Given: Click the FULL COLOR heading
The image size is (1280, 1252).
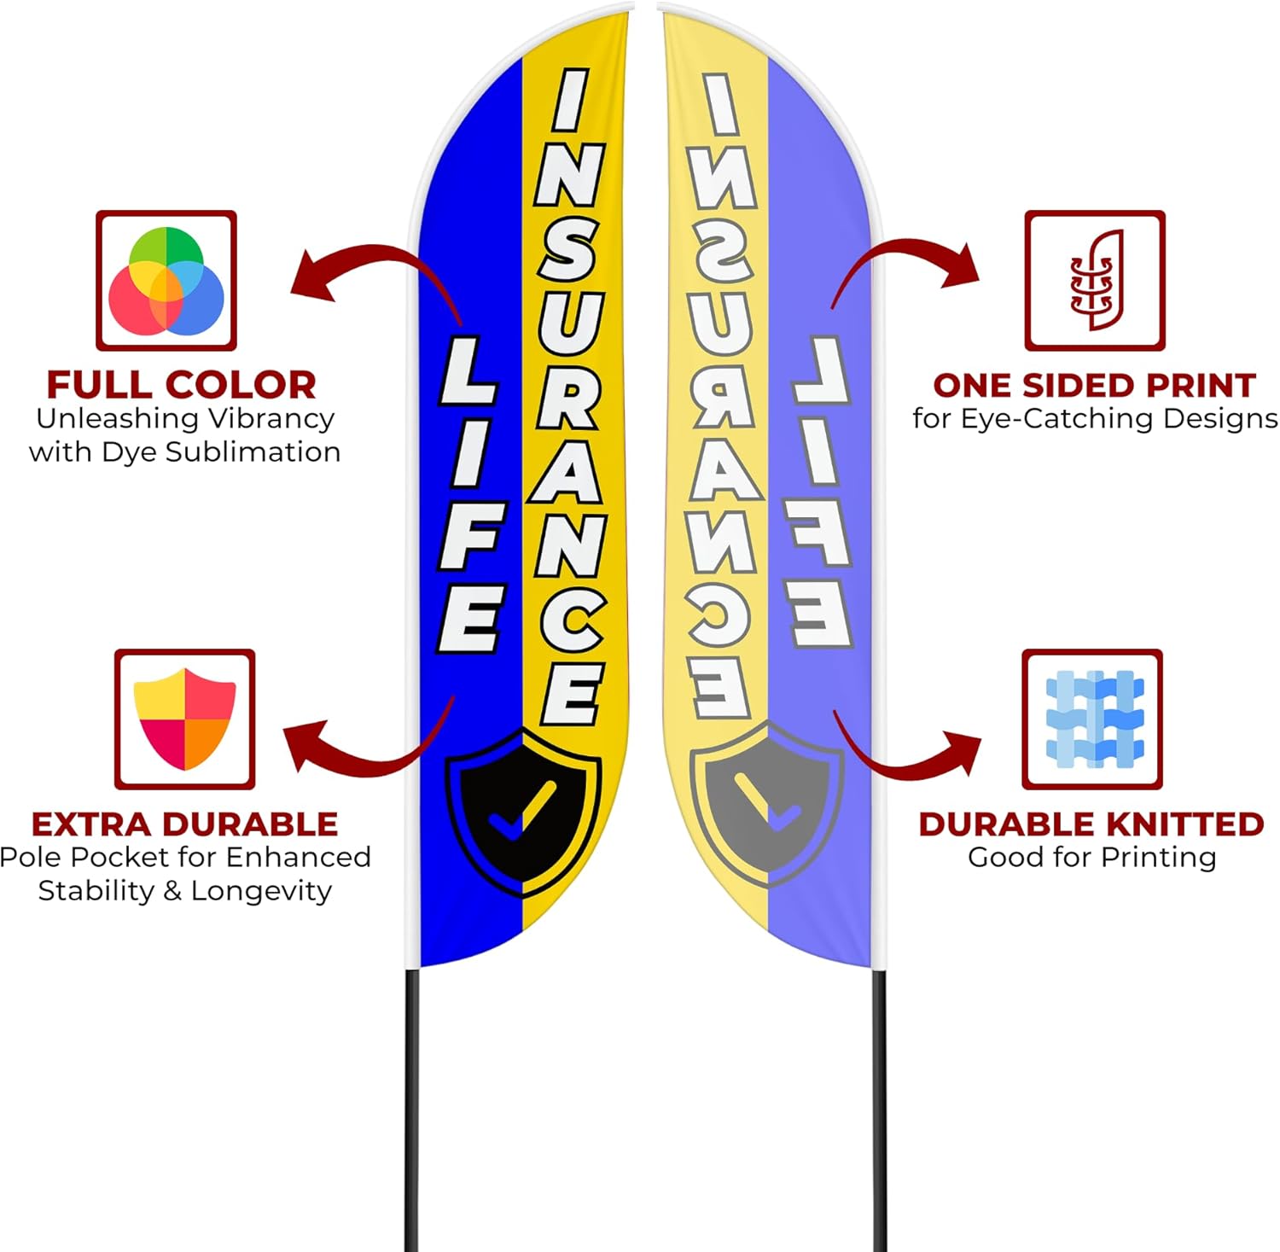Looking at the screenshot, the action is point(181,385).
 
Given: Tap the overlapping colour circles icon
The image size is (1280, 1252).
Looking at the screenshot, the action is point(166,281).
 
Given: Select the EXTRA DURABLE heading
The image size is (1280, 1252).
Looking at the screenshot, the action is point(184,824).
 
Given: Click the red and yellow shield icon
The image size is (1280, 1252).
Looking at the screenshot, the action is point(184,719).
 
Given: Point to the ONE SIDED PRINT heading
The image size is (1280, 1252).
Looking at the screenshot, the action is point(1094,386).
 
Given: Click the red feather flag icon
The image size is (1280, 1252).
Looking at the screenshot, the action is point(1095,281).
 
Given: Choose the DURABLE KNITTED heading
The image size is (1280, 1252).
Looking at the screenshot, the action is point(1091,824).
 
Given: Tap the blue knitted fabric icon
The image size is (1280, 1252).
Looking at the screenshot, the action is point(1092,719).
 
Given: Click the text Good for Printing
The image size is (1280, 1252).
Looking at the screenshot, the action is point(1091,857).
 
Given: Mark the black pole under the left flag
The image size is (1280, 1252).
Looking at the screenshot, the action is point(412,1109).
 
